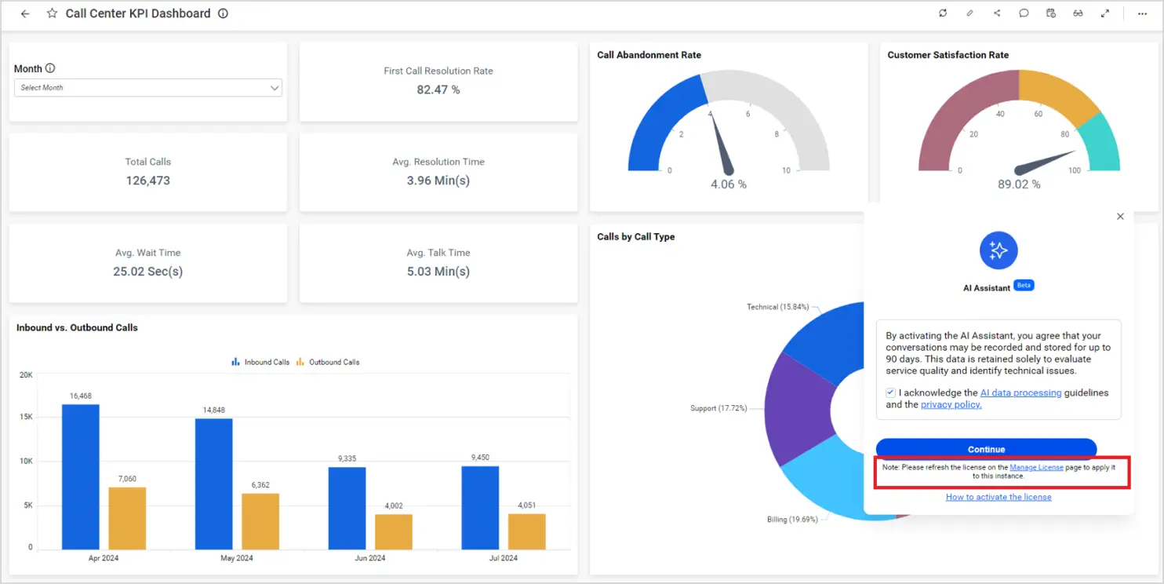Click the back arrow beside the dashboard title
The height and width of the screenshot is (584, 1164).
tap(25, 13)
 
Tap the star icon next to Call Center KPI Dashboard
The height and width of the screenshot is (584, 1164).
tap(53, 13)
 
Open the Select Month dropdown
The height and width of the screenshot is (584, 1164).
tap(148, 88)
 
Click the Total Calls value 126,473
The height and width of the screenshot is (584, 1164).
tap(147, 181)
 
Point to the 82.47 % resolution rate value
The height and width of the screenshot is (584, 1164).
tap(438, 89)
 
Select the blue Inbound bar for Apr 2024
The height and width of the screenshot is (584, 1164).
tap(81, 476)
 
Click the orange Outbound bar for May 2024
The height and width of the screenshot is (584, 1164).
tap(260, 520)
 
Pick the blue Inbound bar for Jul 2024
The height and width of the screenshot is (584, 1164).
tap(480, 507)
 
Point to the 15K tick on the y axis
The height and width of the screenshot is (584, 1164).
tap(26, 418)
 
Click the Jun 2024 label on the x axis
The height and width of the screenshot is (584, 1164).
tap(370, 558)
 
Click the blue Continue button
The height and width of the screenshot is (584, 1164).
tap(986, 449)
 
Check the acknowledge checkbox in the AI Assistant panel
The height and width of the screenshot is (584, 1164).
tap(890, 392)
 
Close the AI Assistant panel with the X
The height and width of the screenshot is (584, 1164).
tap(1120, 217)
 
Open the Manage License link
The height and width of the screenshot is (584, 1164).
tap(1036, 467)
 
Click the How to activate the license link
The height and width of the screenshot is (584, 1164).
tap(998, 497)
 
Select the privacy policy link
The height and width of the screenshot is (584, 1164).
tap(951, 405)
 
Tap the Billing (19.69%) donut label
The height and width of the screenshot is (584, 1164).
tap(792, 520)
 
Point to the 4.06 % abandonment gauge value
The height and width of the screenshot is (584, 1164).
tap(729, 184)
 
